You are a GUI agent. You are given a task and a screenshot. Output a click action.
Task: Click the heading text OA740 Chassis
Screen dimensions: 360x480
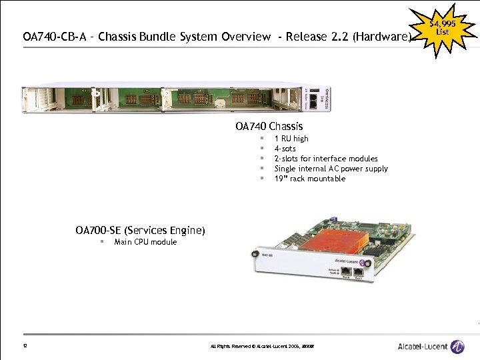(269, 126)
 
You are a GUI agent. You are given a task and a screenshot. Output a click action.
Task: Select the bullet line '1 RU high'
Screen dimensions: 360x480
(291, 139)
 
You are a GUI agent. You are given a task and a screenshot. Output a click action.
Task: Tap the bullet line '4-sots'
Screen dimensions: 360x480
(285, 149)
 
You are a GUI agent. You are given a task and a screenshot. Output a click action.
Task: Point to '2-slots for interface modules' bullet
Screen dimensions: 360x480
(326, 159)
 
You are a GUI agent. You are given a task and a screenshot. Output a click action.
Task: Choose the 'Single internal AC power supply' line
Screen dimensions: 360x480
(331, 169)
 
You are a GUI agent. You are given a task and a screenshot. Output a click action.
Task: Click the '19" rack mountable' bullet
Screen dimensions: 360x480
(309, 179)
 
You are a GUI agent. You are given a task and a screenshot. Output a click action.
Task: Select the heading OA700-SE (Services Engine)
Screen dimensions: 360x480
(140, 231)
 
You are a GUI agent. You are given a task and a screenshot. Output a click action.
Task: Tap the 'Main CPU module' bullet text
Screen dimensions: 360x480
(145, 242)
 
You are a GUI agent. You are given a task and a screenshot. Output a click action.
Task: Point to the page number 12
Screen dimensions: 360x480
(25, 346)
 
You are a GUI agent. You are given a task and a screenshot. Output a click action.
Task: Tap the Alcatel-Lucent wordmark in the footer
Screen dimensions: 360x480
(422, 346)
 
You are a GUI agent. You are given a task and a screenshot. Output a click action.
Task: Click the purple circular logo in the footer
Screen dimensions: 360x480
(457, 346)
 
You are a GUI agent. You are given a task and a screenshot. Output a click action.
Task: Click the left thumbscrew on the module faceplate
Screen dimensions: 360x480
(254, 254)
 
